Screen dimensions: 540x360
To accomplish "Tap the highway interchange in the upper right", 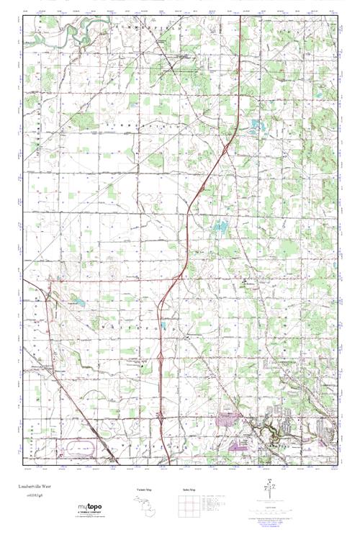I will click(x=226, y=148).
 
